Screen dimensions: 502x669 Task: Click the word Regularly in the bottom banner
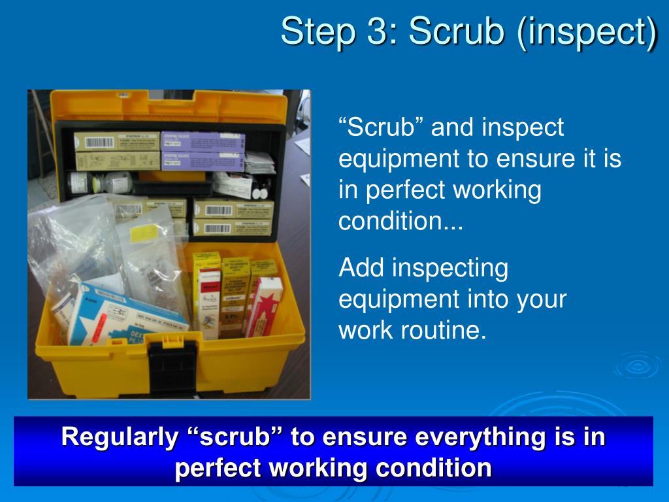[119, 437]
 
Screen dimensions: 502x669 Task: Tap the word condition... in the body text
[400, 222]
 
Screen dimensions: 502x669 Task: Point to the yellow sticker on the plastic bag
[144, 231]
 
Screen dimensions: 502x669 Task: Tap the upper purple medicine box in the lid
[203, 141]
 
